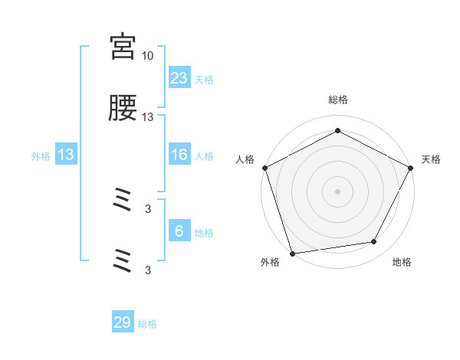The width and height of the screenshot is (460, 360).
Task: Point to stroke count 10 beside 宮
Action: click(x=148, y=55)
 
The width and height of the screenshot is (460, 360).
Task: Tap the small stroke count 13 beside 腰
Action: click(x=148, y=117)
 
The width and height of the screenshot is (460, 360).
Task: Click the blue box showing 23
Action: click(x=179, y=77)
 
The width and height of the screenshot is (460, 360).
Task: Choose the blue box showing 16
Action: click(x=179, y=155)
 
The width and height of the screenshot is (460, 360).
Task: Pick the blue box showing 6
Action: click(x=179, y=231)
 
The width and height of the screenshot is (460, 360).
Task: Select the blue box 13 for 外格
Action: click(x=66, y=155)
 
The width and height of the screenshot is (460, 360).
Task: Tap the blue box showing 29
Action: click(x=123, y=322)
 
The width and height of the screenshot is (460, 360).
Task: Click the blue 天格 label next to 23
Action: click(x=204, y=79)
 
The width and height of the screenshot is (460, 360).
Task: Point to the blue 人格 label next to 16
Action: click(x=204, y=156)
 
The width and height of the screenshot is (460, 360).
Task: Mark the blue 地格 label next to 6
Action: click(x=204, y=233)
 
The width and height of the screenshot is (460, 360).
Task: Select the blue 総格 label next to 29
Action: click(x=147, y=324)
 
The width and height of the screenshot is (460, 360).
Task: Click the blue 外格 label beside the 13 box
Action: click(x=41, y=156)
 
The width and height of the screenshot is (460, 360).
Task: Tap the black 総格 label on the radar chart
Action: click(x=337, y=100)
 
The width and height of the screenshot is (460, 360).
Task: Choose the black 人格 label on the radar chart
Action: click(x=245, y=159)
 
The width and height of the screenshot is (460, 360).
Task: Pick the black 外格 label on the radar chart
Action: click(x=270, y=263)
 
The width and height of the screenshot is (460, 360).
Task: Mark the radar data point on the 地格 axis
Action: click(x=374, y=242)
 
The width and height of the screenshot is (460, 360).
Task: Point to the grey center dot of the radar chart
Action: click(x=337, y=191)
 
